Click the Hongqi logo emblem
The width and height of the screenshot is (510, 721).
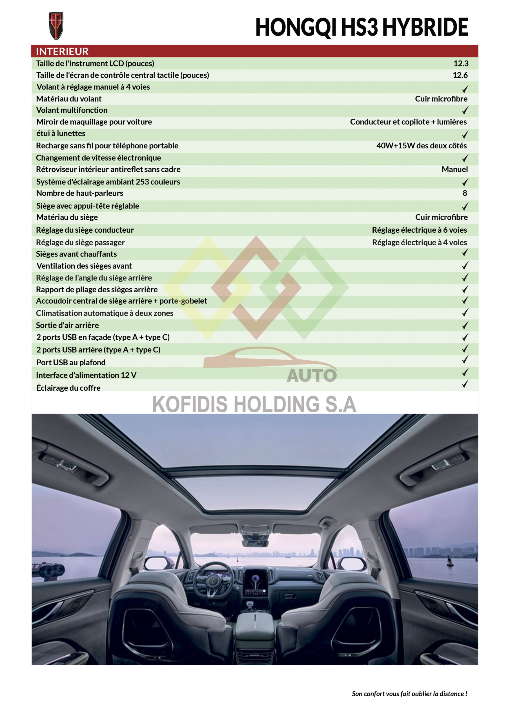(x=56, y=26)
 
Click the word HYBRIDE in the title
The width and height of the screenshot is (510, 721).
(x=425, y=27)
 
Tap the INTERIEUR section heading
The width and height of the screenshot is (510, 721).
(x=62, y=51)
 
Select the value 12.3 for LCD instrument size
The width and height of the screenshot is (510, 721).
(x=461, y=63)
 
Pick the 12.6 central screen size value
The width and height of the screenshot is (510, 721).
(x=460, y=75)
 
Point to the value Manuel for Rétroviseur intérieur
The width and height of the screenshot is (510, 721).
(x=454, y=169)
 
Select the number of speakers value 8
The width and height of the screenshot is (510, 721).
(x=465, y=193)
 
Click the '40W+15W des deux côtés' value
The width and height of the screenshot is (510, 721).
(x=422, y=146)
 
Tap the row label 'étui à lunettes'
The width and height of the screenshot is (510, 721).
(x=61, y=133)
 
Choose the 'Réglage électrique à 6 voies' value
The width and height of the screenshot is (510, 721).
(x=419, y=230)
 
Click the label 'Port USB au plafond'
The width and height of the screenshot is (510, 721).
(x=71, y=362)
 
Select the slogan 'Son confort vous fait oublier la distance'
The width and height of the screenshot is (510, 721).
(x=409, y=694)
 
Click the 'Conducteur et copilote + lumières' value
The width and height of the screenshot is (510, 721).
(x=408, y=122)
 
